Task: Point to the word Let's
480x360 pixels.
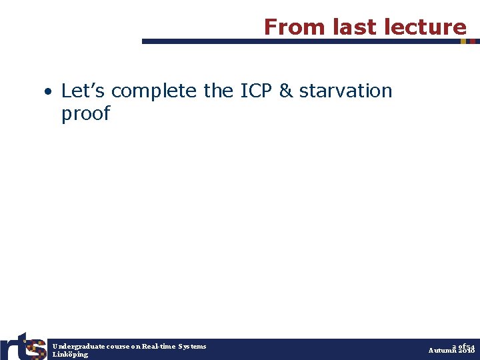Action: pos(83,90)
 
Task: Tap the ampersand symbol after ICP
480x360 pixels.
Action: pos(286,90)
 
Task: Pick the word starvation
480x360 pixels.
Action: pos(345,90)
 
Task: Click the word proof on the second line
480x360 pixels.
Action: pos(85,113)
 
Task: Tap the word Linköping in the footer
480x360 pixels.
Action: pos(70,355)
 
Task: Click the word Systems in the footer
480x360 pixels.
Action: pos(193,346)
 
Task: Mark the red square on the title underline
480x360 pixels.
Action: pos(473,41)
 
